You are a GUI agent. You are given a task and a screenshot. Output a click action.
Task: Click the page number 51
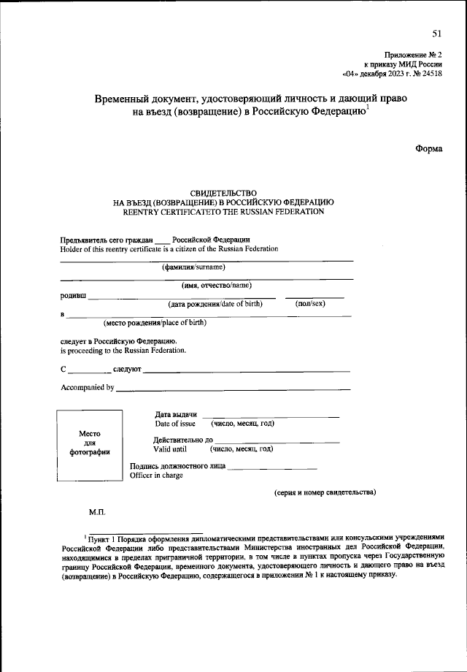436,34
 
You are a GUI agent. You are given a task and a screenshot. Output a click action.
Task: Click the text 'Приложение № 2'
413,55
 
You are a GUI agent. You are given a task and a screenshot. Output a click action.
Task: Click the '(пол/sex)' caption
310,302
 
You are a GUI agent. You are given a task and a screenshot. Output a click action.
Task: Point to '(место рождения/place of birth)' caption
154,322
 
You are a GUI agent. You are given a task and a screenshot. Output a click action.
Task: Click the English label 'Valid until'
170,449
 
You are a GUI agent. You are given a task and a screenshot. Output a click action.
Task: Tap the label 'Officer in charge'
156,476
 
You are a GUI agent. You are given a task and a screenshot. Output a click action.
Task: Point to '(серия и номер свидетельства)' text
325,492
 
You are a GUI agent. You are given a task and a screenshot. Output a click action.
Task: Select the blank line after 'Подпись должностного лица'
272,467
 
